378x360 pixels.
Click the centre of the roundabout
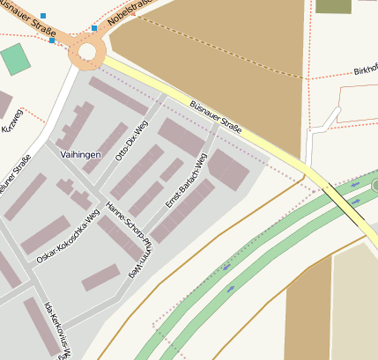click(86, 52)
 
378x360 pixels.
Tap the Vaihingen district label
click(79, 154)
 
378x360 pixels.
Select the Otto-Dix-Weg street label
click(131, 141)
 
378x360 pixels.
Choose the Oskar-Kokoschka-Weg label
click(68, 239)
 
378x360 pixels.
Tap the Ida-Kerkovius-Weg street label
click(58, 330)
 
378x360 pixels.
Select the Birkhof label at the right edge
click(365, 70)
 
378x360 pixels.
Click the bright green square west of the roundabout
click(15, 59)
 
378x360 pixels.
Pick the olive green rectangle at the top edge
click(333, 6)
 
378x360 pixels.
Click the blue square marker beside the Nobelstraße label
click(94, 28)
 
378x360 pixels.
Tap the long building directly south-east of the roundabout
click(118, 96)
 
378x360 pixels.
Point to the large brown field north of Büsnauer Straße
click(211, 62)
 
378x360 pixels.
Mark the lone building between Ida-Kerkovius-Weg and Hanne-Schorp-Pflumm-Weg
click(100, 278)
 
